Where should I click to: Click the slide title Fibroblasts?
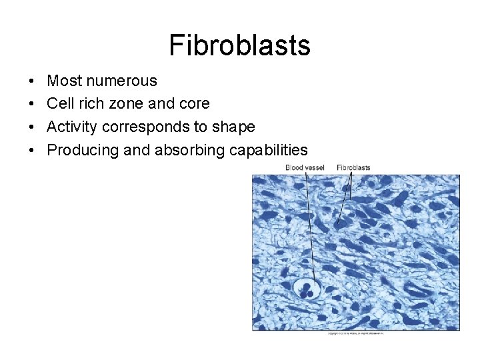(x=239, y=45)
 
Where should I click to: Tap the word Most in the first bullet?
(x=65, y=81)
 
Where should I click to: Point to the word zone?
(x=135, y=104)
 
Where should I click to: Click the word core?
(x=194, y=104)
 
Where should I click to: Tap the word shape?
(x=233, y=127)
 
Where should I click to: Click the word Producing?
(x=82, y=150)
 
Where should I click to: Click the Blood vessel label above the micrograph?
(x=305, y=167)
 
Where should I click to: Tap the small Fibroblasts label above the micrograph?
(x=353, y=167)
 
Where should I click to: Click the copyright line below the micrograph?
(x=356, y=333)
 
